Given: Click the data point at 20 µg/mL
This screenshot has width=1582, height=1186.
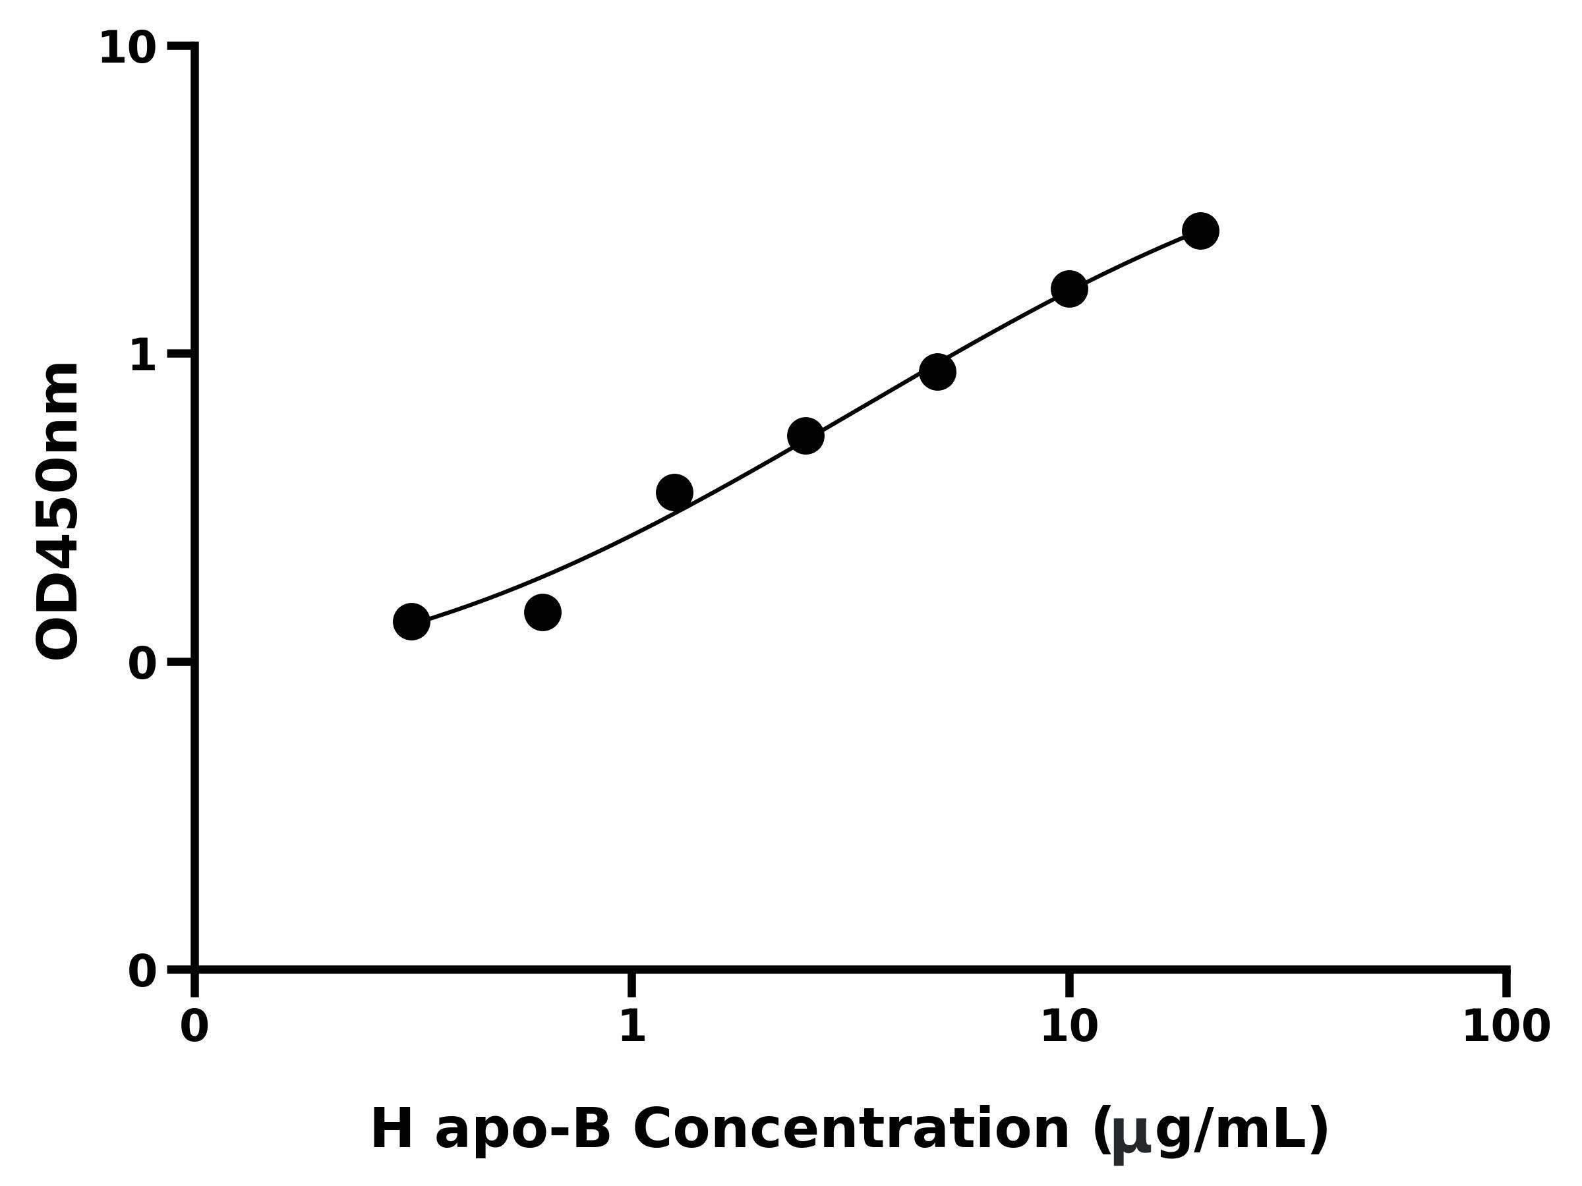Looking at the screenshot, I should coord(1200,231).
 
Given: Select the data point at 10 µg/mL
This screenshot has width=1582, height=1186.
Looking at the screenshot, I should coord(1069,289).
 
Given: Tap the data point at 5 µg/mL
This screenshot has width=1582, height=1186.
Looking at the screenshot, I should coord(937,372).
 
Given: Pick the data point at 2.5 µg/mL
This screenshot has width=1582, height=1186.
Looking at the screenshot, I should coord(806,436).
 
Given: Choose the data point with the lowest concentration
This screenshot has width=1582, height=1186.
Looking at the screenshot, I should coord(411,621).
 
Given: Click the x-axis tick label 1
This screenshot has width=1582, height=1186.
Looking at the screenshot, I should coord(631,1027).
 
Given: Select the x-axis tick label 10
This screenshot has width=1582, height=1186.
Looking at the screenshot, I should coord(1069,1027).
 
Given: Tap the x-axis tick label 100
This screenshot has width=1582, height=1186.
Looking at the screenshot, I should coord(1506,1027).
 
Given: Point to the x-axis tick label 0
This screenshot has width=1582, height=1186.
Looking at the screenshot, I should coord(194,1027).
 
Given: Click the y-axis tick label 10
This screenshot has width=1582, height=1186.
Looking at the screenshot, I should coord(127,49).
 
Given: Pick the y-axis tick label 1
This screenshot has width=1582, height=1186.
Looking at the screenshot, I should coord(143,355).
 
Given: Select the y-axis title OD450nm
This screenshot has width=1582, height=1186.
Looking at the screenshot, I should coord(57,511).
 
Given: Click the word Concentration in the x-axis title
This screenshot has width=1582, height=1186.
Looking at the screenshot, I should coord(851,1130).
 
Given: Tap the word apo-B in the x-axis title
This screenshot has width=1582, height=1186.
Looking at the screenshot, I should coord(522,1130).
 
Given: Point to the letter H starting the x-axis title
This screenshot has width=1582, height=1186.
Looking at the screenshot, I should coord(392,1129).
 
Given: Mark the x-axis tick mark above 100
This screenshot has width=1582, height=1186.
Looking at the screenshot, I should coord(1506,983).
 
